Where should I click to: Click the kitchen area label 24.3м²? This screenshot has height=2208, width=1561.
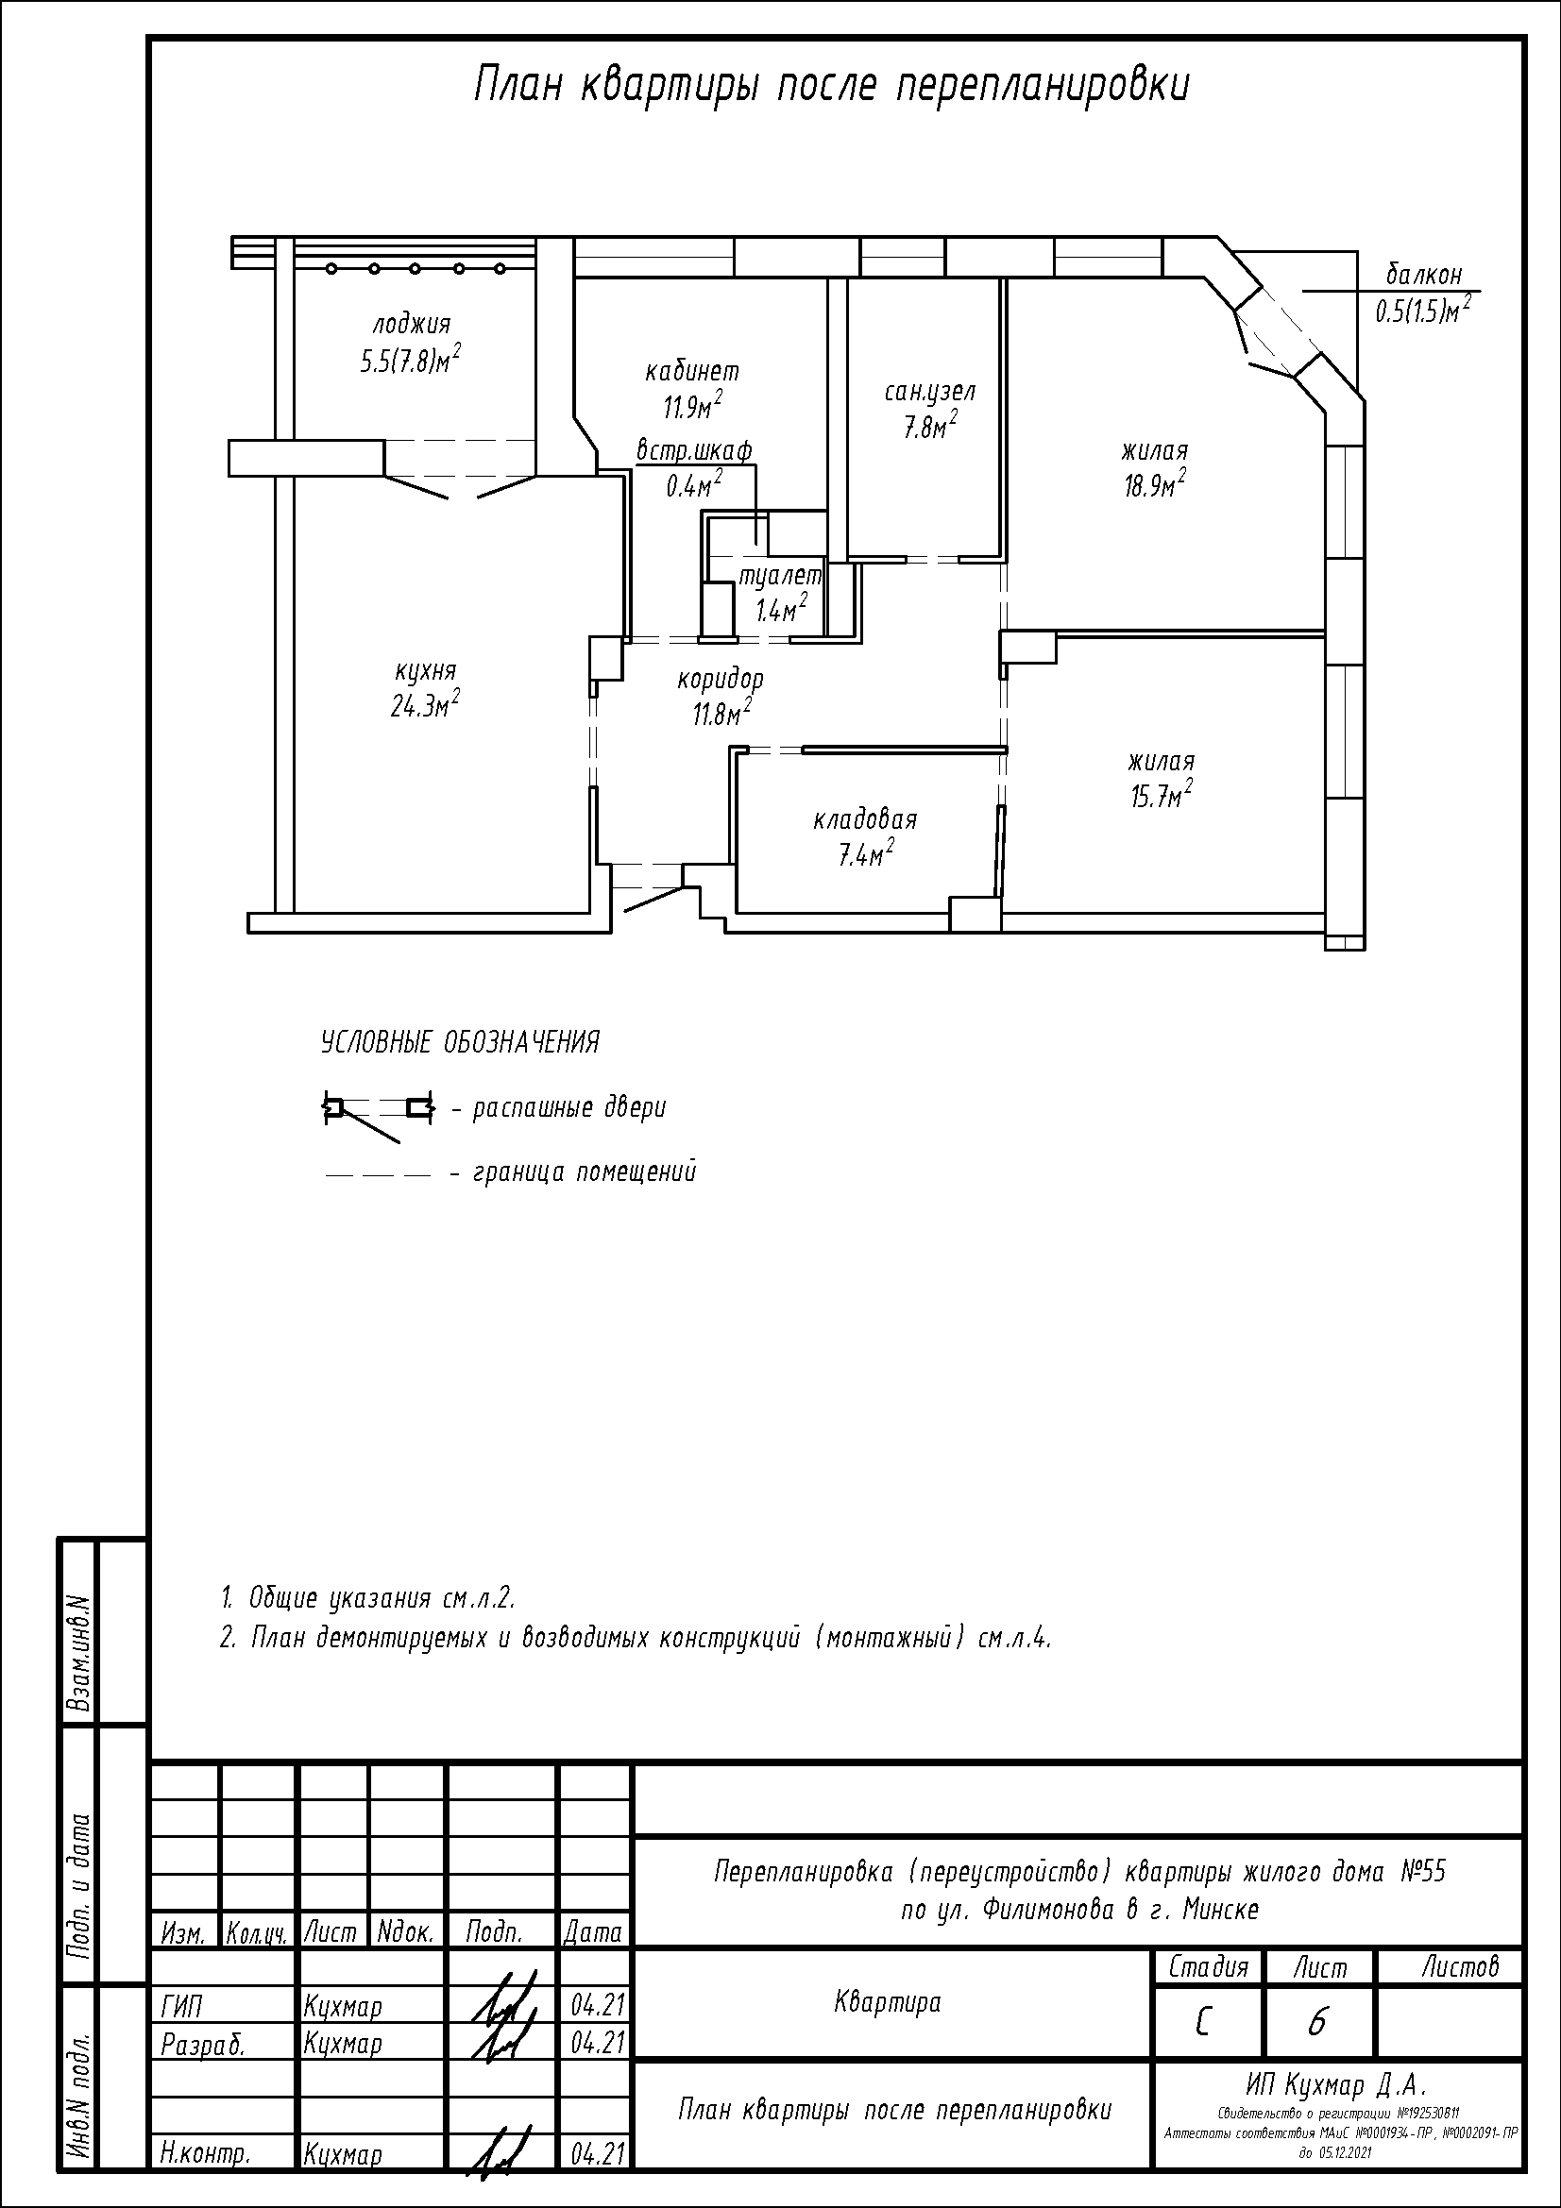(x=424, y=706)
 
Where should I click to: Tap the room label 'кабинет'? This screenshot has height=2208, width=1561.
(x=692, y=371)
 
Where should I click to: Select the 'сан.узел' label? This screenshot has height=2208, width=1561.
(x=930, y=392)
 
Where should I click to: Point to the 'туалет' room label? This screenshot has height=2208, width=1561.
(x=780, y=576)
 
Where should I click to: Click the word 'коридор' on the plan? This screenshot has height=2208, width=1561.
(x=721, y=680)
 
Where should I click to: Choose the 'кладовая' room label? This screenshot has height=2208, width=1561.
(x=866, y=820)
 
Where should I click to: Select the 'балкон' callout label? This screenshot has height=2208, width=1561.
(x=1424, y=275)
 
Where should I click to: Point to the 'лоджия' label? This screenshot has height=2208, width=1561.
(x=412, y=325)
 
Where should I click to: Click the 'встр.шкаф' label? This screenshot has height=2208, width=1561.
(x=694, y=450)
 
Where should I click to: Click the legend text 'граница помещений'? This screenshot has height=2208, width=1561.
(x=585, y=1172)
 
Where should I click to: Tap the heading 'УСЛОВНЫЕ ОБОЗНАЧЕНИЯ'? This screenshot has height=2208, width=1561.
(x=460, y=1042)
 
